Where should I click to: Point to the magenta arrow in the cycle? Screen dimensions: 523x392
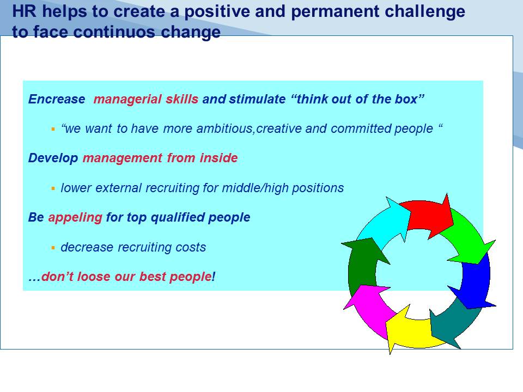click(370, 308)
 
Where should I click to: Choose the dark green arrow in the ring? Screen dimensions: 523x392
click(363, 264)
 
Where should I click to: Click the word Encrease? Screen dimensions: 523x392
click(57, 99)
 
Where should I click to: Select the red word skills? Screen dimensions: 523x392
click(182, 99)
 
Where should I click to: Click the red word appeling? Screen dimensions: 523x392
click(75, 218)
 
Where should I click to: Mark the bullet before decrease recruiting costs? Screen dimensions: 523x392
click(53, 248)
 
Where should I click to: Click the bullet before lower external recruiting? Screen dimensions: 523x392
click(53, 188)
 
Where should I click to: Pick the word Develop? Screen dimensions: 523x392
click(53, 158)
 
